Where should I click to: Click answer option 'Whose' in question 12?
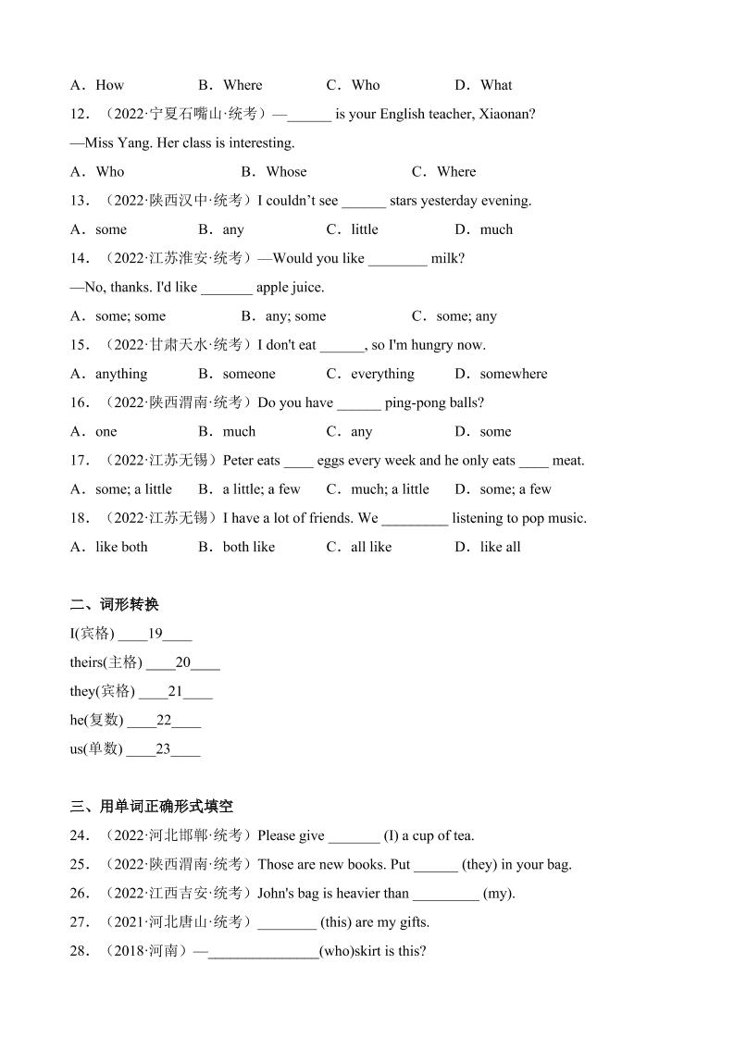coord(285,171)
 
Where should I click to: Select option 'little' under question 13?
coord(364,229)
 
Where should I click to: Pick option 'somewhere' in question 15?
coord(513,374)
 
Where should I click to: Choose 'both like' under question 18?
coord(248,547)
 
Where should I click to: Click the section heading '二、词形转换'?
coord(115,604)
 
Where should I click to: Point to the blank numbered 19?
coord(155,634)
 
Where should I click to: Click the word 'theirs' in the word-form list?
coord(88,662)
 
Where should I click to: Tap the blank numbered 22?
coord(164,720)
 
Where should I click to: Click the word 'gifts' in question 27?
coord(412,921)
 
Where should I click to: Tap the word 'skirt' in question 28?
coord(365,951)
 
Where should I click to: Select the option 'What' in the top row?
coord(496,85)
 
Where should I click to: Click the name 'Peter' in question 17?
coord(239,460)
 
